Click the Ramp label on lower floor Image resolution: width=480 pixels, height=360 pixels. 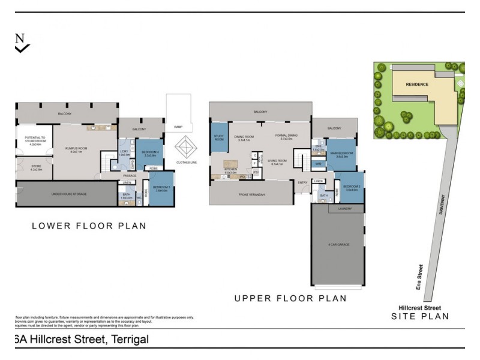click(178, 127)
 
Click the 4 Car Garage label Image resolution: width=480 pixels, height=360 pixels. click(338, 245)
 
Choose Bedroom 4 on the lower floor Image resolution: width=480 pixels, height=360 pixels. click(151, 153)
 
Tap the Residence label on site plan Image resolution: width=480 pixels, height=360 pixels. click(417, 84)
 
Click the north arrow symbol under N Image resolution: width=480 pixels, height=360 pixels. click(22, 48)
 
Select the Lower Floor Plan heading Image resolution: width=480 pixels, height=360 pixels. click(88, 226)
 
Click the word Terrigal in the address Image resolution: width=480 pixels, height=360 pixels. click(127, 340)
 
